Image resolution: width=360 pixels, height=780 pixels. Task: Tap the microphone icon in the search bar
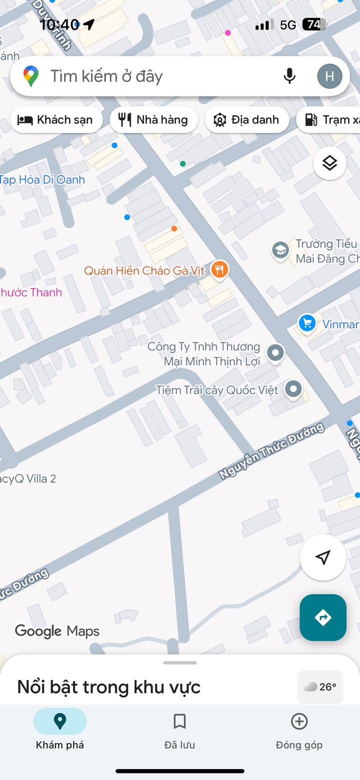(x=289, y=76)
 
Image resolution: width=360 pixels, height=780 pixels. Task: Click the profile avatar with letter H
(x=329, y=76)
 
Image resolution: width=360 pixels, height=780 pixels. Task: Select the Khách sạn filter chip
(x=55, y=120)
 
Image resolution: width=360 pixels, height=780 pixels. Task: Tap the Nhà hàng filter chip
(x=153, y=120)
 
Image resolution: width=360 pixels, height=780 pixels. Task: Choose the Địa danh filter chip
(x=246, y=120)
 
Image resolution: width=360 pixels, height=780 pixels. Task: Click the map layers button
(x=329, y=163)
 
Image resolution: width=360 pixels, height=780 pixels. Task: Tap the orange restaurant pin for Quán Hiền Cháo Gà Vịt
(x=219, y=269)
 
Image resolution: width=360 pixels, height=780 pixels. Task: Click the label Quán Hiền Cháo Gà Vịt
(x=144, y=271)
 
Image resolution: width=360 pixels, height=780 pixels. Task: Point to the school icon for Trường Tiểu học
(x=280, y=250)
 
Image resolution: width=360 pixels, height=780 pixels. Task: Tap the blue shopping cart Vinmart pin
(x=307, y=323)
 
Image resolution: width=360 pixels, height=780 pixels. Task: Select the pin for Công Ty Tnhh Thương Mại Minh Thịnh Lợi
(x=275, y=352)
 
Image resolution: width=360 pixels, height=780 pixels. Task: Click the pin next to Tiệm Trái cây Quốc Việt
(x=293, y=388)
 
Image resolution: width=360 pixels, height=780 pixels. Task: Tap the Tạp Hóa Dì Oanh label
(x=42, y=180)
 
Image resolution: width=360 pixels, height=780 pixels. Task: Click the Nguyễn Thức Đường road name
(x=271, y=451)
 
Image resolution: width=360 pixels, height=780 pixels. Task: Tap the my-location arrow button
(x=323, y=557)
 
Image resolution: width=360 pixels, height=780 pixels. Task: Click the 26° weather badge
(x=320, y=687)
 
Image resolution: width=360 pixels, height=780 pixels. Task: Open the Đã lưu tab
(x=179, y=731)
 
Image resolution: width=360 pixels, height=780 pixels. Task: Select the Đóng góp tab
(x=299, y=731)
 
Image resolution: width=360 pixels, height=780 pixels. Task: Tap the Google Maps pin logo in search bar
(x=31, y=76)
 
